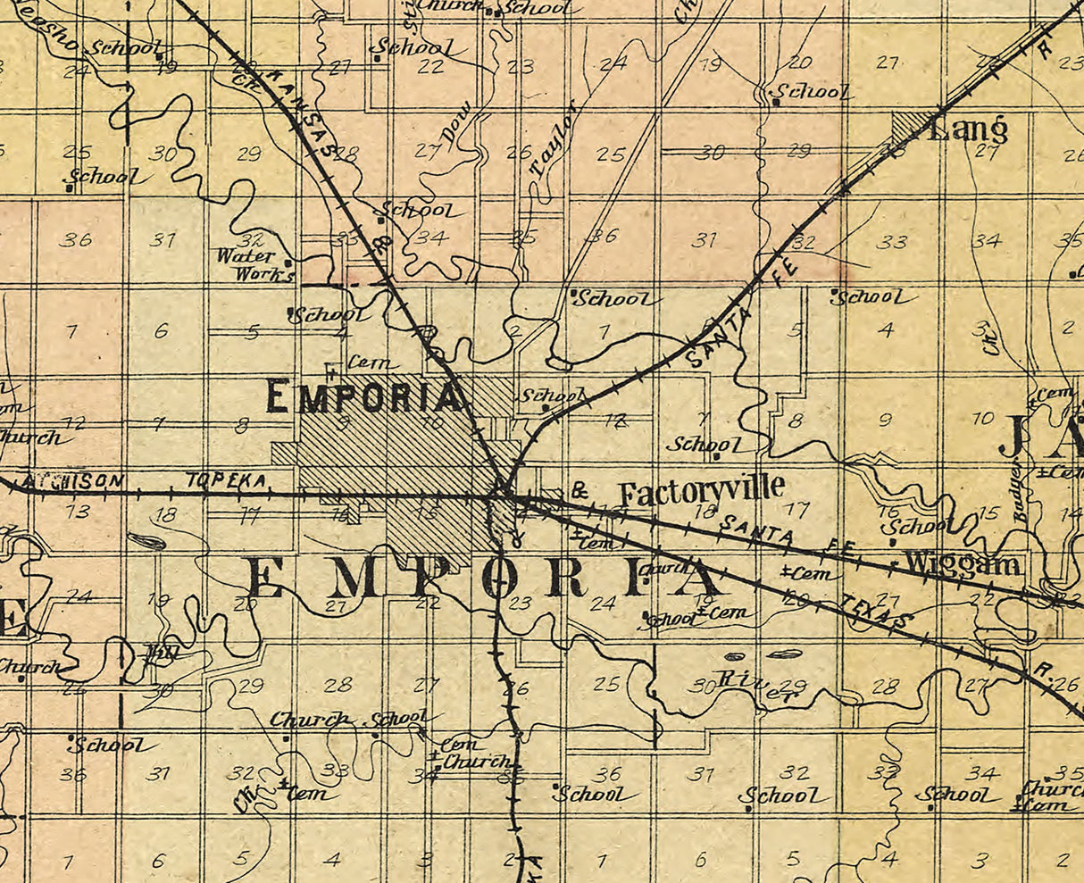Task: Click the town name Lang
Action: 968,130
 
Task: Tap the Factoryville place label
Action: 702,489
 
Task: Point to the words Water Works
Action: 254,265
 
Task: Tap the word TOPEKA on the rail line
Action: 226,480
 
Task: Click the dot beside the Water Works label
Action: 288,262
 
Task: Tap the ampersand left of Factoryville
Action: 580,490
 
